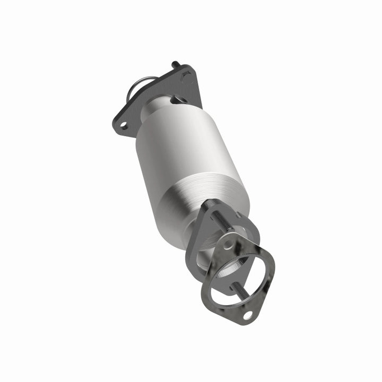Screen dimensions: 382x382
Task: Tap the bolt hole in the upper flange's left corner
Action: [x=123, y=125]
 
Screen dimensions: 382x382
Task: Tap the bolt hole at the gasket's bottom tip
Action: [x=248, y=316]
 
